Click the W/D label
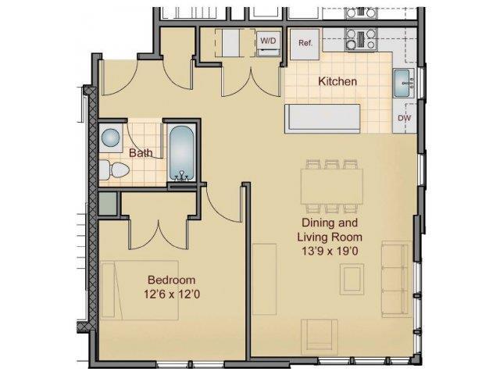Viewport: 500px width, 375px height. (x=268, y=39)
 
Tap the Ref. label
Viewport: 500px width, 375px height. (x=305, y=43)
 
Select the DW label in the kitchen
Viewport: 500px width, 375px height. (x=405, y=118)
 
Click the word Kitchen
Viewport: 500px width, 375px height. (x=337, y=81)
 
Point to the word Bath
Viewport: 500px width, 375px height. (x=141, y=153)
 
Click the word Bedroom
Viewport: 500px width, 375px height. (x=171, y=280)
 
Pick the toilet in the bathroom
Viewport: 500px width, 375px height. (x=112, y=170)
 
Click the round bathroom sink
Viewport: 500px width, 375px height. (x=111, y=139)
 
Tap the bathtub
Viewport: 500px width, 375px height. (x=181, y=153)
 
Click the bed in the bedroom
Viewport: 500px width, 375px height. (x=140, y=289)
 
